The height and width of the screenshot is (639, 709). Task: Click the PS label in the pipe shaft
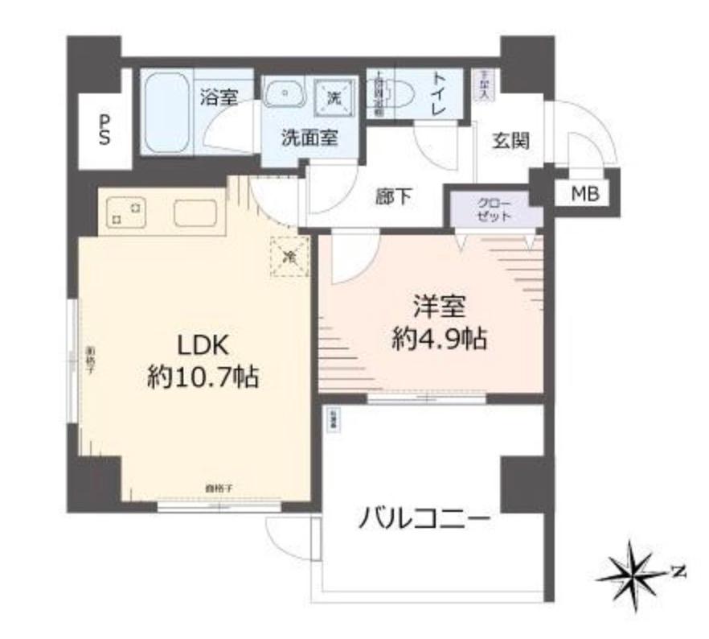(x=105, y=129)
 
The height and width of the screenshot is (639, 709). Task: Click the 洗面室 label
(x=309, y=136)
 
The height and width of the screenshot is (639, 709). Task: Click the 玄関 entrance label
(x=510, y=142)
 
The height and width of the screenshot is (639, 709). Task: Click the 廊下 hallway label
(x=395, y=197)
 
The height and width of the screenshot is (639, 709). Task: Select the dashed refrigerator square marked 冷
(x=289, y=258)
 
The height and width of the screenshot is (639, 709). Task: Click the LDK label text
(x=203, y=346)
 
